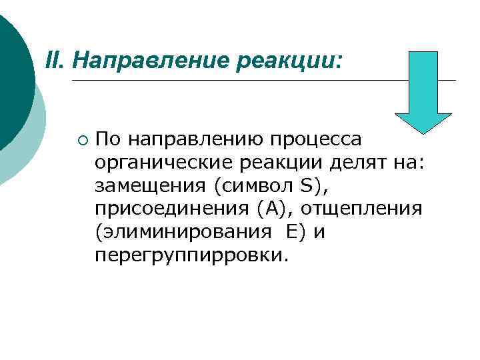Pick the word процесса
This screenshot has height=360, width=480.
pos(316,140)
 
